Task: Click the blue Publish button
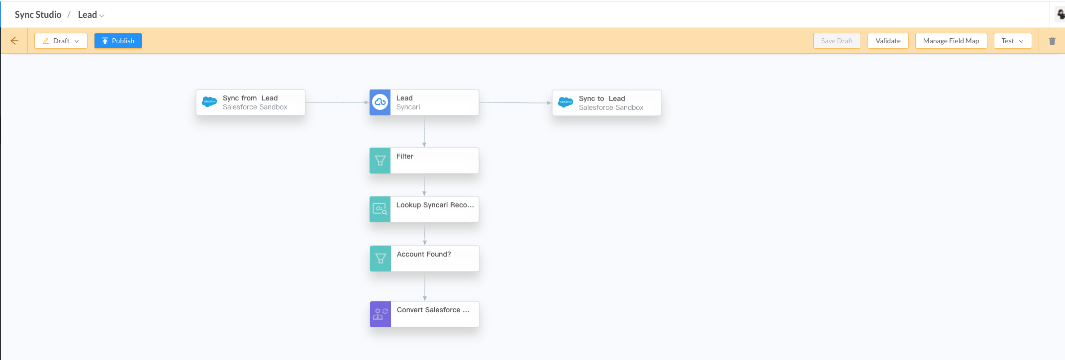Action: tap(118, 41)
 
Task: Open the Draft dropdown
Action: tap(61, 41)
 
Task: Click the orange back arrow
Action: tap(14, 41)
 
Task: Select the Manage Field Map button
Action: tap(951, 41)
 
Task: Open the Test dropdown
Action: tap(1012, 41)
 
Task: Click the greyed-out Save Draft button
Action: tap(837, 41)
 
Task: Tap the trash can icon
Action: tap(1052, 41)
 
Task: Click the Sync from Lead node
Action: tap(251, 102)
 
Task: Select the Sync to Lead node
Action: tap(607, 103)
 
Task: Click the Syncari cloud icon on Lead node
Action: tap(380, 102)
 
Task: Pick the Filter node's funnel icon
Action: tap(380, 161)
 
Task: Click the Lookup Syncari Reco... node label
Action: tap(435, 205)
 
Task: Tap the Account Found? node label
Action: tap(424, 254)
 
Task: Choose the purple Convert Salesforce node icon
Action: tap(381, 314)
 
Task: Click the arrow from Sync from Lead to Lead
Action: tap(337, 102)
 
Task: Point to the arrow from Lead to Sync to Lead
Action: tap(515, 103)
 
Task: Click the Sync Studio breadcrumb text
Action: tap(38, 15)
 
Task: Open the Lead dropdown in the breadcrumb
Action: tap(91, 15)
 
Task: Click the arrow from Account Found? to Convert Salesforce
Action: tap(425, 286)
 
